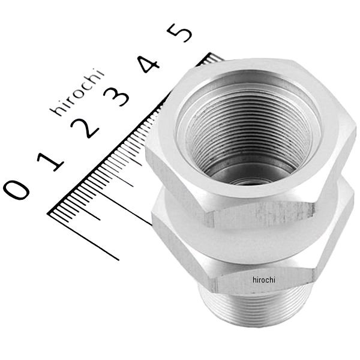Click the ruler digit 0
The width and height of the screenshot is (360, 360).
click(16, 190)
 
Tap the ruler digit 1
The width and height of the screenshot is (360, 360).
click(51, 161)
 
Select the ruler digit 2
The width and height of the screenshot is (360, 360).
click(85, 128)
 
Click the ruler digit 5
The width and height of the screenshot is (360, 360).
click(179, 32)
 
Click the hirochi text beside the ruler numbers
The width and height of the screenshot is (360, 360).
click(77, 92)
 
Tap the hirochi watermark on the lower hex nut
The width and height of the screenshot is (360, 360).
click(264, 280)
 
